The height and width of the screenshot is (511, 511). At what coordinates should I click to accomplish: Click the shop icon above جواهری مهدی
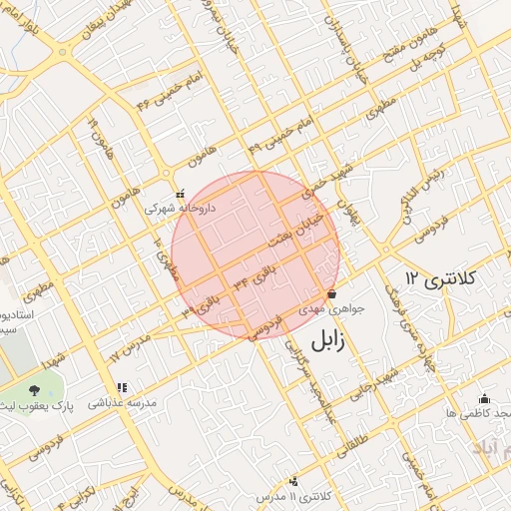pos(331,293)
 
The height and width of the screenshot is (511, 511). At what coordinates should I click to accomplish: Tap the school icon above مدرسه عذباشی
pos(121,387)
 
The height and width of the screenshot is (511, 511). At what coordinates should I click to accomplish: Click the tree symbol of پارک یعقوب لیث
pos(36,389)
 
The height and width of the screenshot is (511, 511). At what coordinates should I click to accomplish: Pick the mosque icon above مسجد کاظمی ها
pos(484,398)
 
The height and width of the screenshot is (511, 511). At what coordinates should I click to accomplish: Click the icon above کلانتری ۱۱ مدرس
pos(292,480)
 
